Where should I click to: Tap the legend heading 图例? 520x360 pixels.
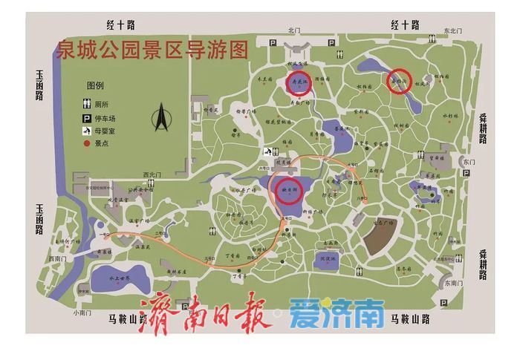tap(96, 86)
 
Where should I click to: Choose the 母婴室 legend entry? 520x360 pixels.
tap(97, 131)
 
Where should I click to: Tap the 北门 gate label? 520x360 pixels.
tap(294, 30)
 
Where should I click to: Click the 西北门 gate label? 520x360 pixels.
tap(152, 175)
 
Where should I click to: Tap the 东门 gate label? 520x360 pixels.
tap(467, 161)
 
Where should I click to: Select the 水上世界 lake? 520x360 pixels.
tap(120, 278)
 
